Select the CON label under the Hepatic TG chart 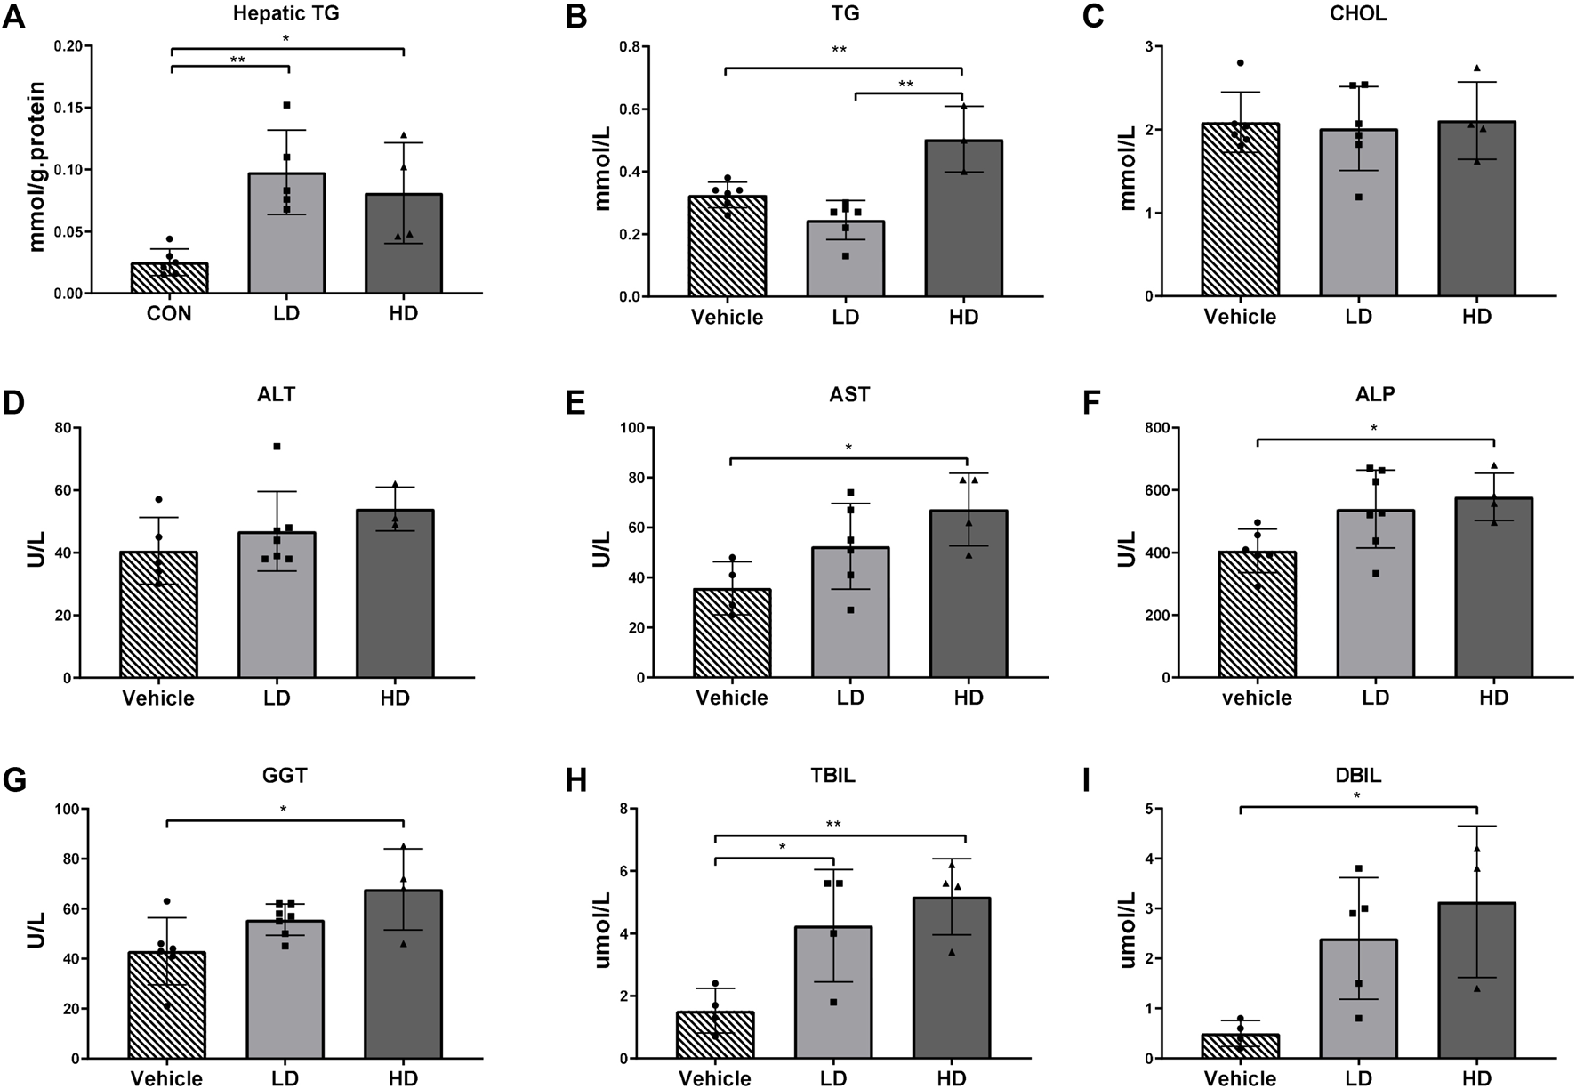pos(169,314)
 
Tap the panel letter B pos(576,17)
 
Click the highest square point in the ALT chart pos(277,446)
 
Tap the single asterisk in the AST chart pos(848,448)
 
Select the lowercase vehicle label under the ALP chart pos(1257,698)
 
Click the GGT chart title pos(285,776)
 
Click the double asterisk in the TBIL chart pos(833,824)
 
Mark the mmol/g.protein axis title pos(37,166)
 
